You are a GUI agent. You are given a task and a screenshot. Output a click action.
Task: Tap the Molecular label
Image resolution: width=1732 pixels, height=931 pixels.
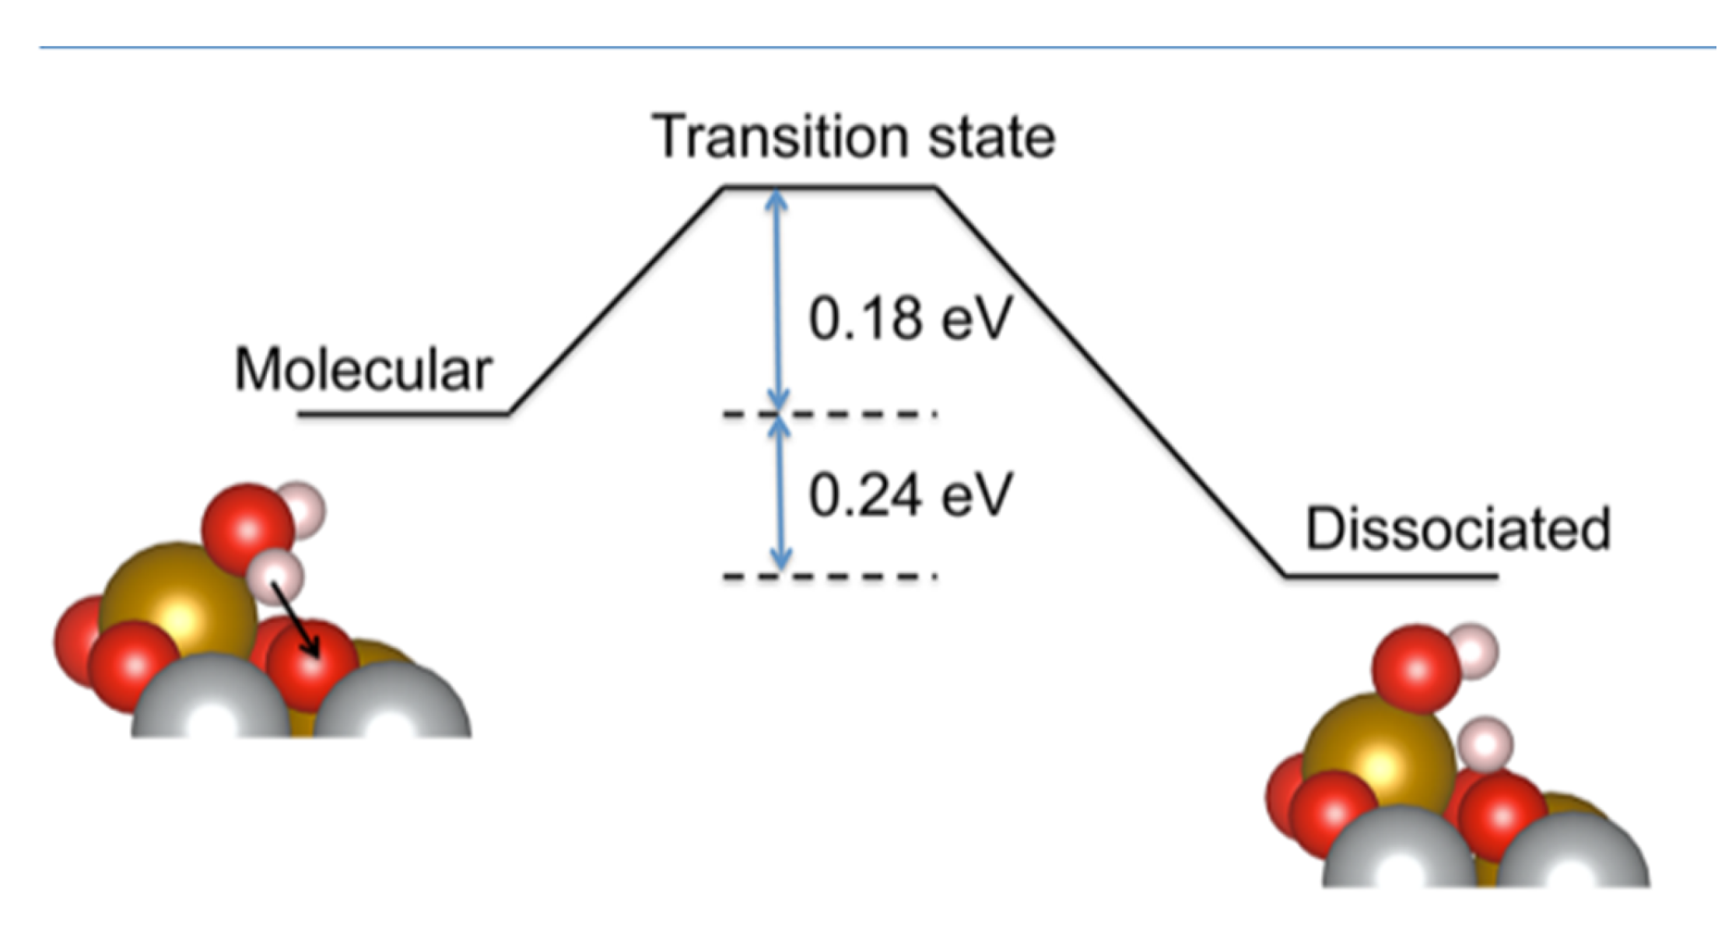[363, 369]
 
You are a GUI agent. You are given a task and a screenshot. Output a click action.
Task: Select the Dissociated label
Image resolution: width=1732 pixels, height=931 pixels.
[1457, 530]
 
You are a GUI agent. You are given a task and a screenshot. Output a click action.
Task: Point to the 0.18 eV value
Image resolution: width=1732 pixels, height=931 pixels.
[910, 318]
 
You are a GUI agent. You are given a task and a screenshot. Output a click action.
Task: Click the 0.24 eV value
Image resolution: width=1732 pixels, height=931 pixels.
[910, 495]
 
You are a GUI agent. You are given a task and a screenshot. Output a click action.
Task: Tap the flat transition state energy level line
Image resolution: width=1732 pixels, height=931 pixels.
[829, 187]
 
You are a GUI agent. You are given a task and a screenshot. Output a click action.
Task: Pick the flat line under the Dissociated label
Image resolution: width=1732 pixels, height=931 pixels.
[1391, 576]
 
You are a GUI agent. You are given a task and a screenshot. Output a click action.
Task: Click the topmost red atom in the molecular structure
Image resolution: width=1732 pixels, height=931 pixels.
[247, 529]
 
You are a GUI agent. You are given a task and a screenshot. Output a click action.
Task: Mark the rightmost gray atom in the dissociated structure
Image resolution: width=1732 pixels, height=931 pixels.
[1573, 852]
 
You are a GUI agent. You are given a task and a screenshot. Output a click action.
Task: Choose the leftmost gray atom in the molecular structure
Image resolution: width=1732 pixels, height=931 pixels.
[212, 700]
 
